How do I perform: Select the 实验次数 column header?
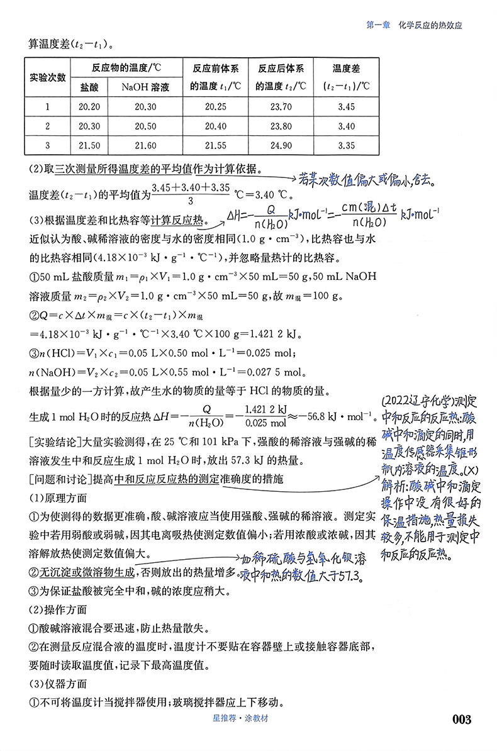tap(48, 77)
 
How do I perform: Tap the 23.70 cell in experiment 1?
tap(281, 106)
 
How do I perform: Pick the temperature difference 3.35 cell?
tap(346, 145)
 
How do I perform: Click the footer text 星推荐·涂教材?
tap(248, 719)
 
